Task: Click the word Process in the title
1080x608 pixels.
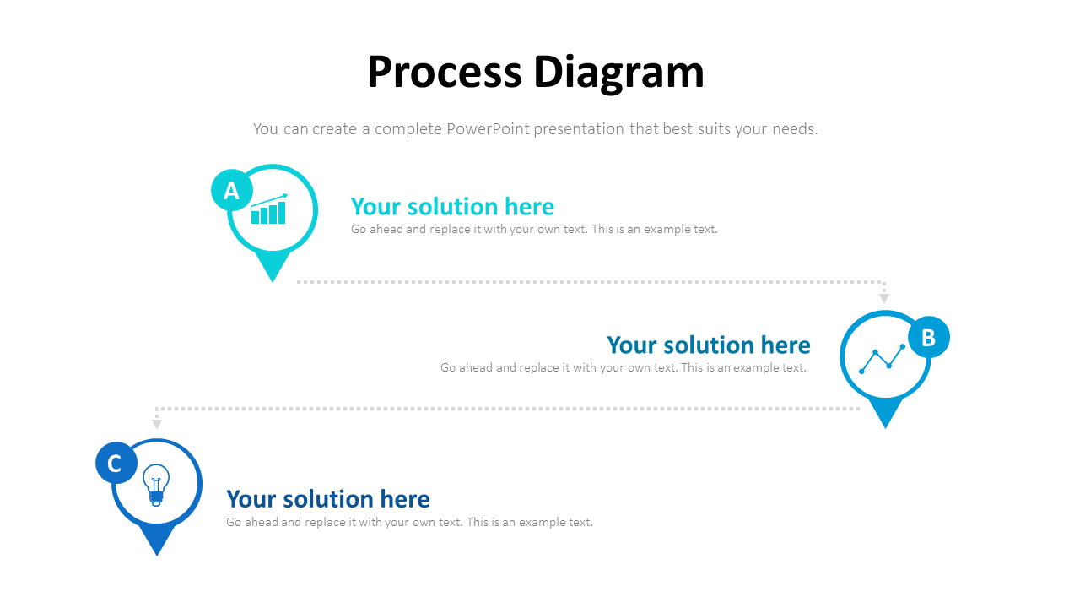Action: pos(445,72)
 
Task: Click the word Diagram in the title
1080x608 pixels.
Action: pos(619,72)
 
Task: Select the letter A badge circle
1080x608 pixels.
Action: pos(231,191)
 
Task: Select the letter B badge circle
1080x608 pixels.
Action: pos(928,338)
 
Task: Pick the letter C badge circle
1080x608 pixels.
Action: pos(116,463)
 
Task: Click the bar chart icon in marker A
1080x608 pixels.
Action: pos(269,210)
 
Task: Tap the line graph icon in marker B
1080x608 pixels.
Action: pos(882,360)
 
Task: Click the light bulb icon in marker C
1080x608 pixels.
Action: pos(156,485)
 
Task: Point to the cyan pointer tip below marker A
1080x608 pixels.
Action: pos(273,269)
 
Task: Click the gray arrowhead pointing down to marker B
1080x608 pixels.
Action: pos(884,298)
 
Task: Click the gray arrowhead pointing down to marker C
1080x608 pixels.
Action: pos(156,424)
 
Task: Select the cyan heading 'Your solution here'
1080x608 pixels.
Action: pos(452,207)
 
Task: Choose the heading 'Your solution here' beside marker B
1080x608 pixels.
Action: pos(708,345)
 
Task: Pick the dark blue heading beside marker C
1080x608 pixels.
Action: pos(328,499)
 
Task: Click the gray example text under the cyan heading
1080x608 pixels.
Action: pos(534,230)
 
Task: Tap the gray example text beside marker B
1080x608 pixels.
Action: pos(623,368)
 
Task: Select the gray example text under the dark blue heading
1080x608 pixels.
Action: pos(409,523)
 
